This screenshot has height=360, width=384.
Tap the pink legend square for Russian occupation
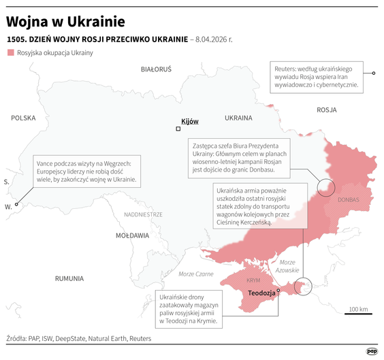(10, 52)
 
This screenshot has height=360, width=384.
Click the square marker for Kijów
(178, 129)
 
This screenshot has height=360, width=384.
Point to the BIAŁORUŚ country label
(156, 69)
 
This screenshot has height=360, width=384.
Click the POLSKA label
(22, 118)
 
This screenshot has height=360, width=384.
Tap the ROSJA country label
(327, 109)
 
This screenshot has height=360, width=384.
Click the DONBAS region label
(352, 200)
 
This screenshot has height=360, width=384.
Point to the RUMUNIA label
(69, 278)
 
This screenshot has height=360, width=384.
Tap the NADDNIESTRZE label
(143, 214)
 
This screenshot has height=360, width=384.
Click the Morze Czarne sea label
(195, 274)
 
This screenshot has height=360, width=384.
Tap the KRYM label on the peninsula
(254, 280)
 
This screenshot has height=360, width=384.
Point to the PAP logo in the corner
(372, 350)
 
